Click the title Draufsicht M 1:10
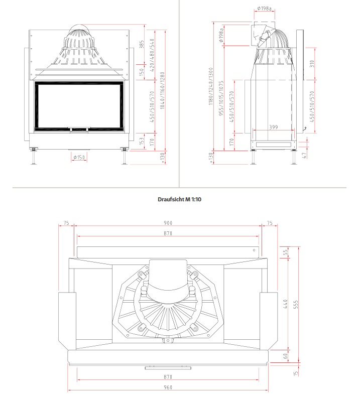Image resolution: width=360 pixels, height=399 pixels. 179,200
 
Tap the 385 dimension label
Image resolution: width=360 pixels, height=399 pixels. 142,44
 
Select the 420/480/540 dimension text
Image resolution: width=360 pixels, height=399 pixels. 152,55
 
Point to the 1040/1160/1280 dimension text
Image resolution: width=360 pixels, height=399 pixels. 163,90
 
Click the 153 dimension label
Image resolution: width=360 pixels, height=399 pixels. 142,142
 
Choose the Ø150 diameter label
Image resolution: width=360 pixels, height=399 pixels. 79,158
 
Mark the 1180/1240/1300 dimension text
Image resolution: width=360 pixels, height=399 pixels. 210,86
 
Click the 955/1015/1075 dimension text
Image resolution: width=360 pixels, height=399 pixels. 221,98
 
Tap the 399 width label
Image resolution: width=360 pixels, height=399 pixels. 274,127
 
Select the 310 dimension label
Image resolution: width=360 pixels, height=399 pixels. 312,64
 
